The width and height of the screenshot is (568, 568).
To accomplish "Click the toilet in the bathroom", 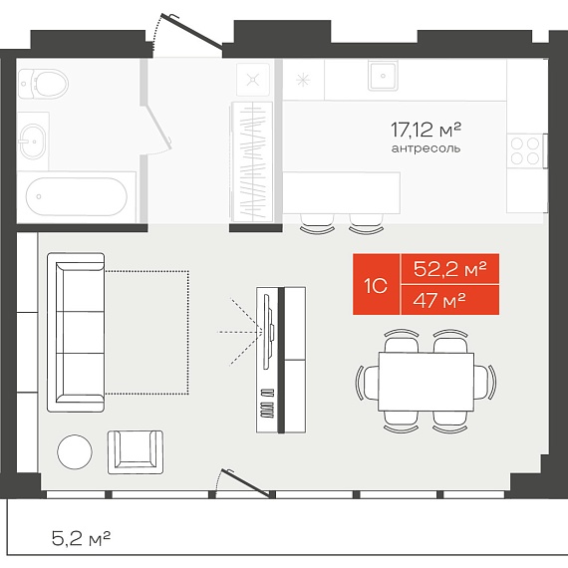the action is click(43, 84).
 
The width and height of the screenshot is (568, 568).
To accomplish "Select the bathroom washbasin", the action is click(32, 142).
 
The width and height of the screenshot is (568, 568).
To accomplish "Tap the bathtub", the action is click(77, 196).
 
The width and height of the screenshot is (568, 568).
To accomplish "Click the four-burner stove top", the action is click(525, 150).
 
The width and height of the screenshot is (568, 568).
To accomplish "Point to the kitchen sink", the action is click(383, 76).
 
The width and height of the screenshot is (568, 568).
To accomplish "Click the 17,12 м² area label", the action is click(426, 131).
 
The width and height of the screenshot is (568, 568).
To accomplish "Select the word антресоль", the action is click(426, 148).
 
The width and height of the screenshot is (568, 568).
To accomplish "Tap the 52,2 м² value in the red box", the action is click(449, 269).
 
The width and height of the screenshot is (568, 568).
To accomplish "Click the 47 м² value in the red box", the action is click(439, 300).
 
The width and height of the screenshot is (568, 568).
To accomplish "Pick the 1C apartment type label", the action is click(376, 286).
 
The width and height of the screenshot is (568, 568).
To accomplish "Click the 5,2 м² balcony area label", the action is click(81, 538).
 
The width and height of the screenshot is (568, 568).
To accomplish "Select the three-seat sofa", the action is click(76, 333).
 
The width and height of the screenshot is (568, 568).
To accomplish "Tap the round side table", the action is click(75, 451).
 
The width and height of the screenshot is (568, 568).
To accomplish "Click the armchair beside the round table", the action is click(136, 451).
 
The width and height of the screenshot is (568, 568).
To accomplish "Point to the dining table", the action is click(426, 382).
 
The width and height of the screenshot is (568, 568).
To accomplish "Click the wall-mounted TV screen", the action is click(267, 332).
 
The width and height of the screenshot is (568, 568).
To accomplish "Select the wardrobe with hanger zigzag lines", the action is click(252, 161).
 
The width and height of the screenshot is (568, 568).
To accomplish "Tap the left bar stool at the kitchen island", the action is click(317, 224).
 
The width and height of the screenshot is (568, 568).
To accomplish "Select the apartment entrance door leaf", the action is click(191, 31).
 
